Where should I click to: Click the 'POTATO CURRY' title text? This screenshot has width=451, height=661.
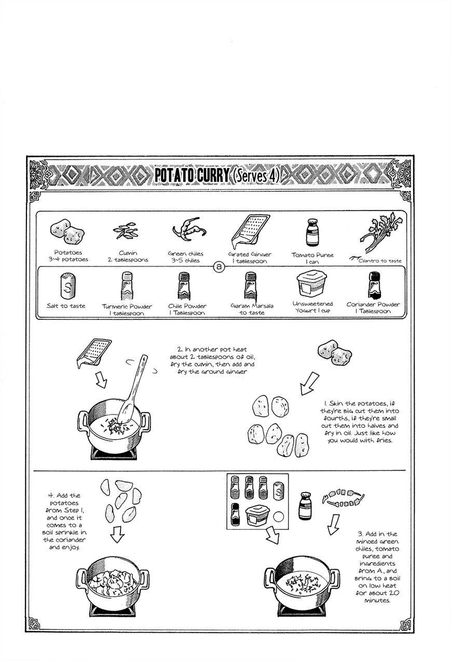pos(192,176)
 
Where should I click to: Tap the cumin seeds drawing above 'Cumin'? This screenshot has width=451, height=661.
pos(125,232)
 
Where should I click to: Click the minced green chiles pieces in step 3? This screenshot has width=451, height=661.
pos(341,498)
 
